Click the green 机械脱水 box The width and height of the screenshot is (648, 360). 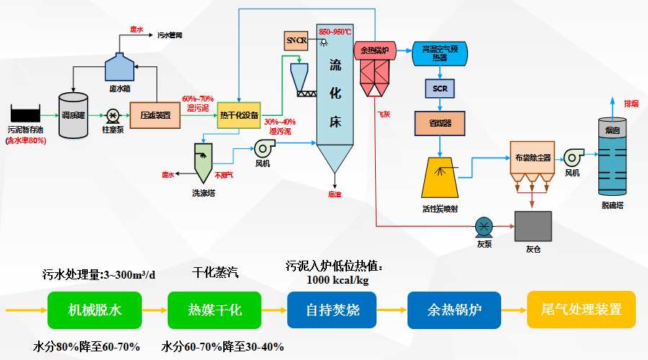pyautogui.click(x=95, y=310)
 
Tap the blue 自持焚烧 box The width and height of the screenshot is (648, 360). pyautogui.click(x=332, y=310)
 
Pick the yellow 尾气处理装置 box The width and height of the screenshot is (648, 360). pyautogui.click(x=581, y=310)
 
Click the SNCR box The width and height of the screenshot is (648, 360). pyautogui.click(x=297, y=41)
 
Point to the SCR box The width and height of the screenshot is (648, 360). pyautogui.click(x=440, y=89)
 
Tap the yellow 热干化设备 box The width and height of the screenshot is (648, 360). pyautogui.click(x=238, y=115)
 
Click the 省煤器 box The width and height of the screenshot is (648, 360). pyautogui.click(x=440, y=123)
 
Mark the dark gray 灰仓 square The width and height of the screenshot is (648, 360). pyautogui.click(x=533, y=226)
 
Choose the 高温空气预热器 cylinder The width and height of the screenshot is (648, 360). pyautogui.click(x=439, y=54)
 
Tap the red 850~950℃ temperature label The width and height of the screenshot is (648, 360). pyautogui.click(x=336, y=32)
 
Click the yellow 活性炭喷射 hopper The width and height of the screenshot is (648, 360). pyautogui.click(x=440, y=177)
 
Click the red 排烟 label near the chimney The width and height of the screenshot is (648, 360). pyautogui.click(x=631, y=103)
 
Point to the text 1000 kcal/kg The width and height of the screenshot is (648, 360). pyautogui.click(x=338, y=279)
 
